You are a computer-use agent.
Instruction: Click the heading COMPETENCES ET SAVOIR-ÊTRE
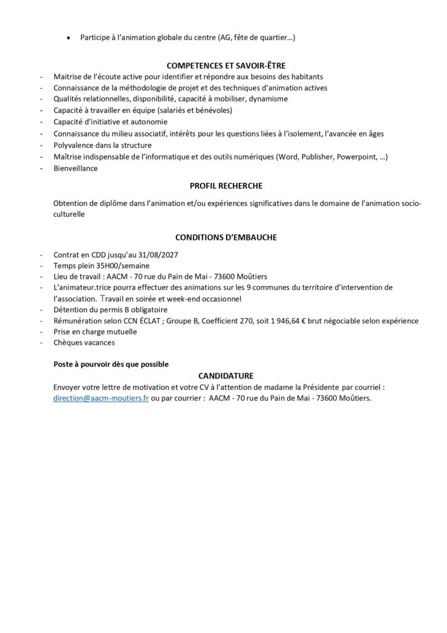pos(226,66)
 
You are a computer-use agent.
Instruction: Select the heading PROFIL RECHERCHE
pos(226,185)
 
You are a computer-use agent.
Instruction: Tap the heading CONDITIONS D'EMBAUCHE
pos(226,237)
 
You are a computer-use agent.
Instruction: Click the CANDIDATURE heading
pos(226,375)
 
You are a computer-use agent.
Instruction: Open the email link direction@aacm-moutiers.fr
pos(101,399)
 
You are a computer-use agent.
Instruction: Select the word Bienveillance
pos(75,168)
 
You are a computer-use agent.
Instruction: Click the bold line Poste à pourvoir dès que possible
pos(111,364)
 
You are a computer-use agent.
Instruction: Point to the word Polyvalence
pos(74,145)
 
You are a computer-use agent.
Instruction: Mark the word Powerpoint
pos(355,156)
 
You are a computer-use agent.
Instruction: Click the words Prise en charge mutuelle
pos(95,331)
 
